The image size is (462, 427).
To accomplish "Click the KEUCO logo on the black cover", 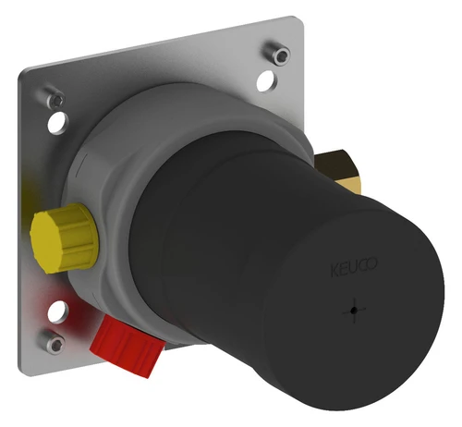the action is [354, 267].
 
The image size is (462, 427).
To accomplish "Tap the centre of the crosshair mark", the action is [355, 311].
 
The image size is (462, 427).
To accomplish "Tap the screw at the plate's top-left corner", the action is [54, 98].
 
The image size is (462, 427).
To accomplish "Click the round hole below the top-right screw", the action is [267, 81].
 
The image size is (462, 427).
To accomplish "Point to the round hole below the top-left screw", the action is [58, 123].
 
